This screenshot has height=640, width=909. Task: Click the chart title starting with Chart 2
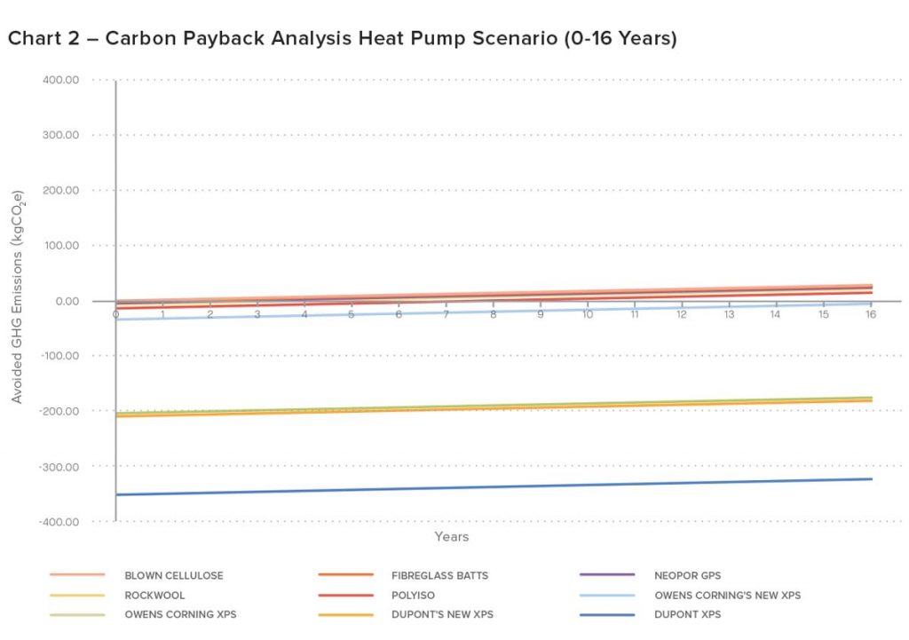click(x=342, y=40)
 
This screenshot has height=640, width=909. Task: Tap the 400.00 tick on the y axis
click(x=60, y=80)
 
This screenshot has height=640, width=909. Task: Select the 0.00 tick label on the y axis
click(x=67, y=301)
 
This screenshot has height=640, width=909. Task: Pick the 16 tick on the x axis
click(x=871, y=314)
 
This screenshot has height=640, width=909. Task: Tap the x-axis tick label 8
click(x=493, y=314)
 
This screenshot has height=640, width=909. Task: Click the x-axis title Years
click(x=451, y=537)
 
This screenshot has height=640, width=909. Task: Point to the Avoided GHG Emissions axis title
click(x=18, y=301)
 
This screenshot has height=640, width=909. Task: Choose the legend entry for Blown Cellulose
click(x=174, y=575)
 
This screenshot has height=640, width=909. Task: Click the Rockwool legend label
click(x=155, y=595)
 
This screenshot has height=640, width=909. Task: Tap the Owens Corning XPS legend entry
click(x=180, y=614)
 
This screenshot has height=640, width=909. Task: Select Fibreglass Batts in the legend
click(x=439, y=575)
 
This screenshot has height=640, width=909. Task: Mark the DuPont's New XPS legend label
click(x=442, y=614)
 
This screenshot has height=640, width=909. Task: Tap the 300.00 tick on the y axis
click(x=60, y=135)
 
